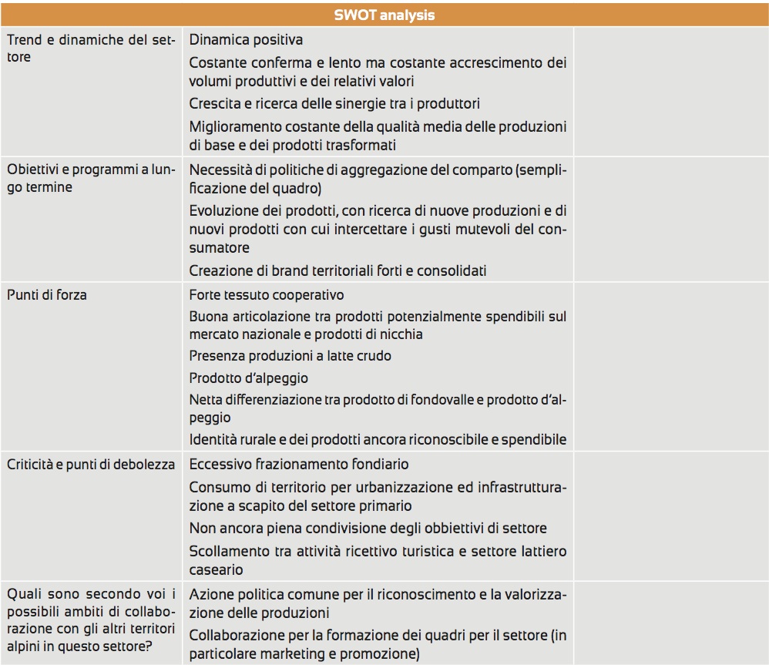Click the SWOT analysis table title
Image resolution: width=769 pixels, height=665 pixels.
click(x=384, y=15)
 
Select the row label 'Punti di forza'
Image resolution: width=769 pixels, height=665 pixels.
click(x=47, y=294)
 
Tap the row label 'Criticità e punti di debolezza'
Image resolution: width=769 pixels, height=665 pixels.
click(x=91, y=464)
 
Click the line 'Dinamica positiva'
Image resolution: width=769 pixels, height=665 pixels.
click(x=246, y=39)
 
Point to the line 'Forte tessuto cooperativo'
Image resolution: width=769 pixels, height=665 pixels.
click(x=267, y=294)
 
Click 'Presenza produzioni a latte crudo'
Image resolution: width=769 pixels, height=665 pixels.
click(x=290, y=355)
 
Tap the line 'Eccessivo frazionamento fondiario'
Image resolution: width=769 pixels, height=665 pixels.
click(x=299, y=464)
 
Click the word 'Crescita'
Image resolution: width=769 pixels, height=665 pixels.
click(x=213, y=103)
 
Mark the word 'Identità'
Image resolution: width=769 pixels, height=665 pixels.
click(x=213, y=439)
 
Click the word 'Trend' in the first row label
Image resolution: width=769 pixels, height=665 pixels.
click(x=24, y=39)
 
